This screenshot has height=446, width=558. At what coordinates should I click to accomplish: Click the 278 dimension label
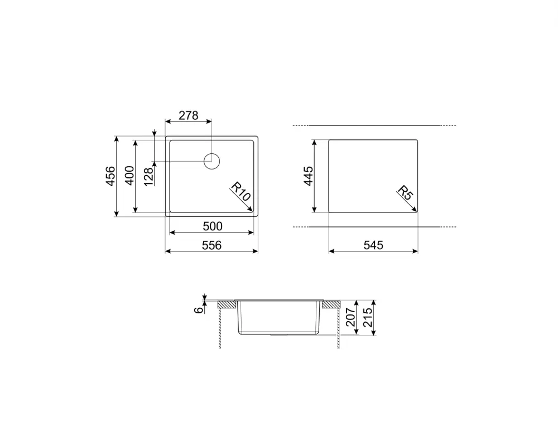[x=188, y=115]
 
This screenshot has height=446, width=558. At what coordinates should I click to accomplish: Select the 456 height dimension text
[x=110, y=176]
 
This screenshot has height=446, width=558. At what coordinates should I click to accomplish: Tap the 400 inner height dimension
[x=129, y=176]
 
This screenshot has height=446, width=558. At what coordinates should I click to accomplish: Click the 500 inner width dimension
[x=212, y=226]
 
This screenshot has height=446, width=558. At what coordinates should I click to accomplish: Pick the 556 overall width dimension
[x=212, y=245]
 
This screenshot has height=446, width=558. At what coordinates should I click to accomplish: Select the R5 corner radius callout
[x=405, y=195]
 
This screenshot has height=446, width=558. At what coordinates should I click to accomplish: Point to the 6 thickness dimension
[x=199, y=310]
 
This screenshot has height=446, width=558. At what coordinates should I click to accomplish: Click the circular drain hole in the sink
[x=211, y=162]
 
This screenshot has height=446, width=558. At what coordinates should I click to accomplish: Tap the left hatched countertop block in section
[x=227, y=304]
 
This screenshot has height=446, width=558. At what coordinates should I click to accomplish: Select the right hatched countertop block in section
[x=330, y=304]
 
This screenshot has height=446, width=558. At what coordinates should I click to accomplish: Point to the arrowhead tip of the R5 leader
[x=417, y=211]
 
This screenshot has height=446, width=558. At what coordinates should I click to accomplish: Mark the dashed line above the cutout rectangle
[x=374, y=125]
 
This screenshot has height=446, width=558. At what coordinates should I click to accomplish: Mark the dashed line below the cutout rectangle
[x=374, y=227]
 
